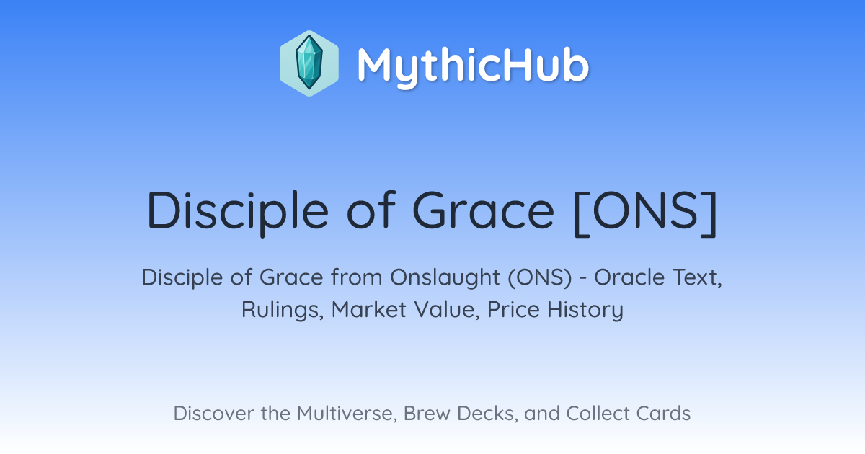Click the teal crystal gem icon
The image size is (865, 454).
[309, 63]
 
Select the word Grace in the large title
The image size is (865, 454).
[483, 210]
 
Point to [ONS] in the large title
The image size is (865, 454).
[646, 213]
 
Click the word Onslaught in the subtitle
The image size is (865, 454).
[445, 278]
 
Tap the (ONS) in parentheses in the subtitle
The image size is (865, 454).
[539, 278]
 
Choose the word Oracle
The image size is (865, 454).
[629, 277]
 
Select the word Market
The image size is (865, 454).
[369, 309]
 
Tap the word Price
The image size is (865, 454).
[513, 309]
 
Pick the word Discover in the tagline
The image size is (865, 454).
[213, 414]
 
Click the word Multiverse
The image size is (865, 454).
[347, 414]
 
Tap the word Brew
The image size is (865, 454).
[427, 414]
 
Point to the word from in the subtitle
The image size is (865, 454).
[356, 277]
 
